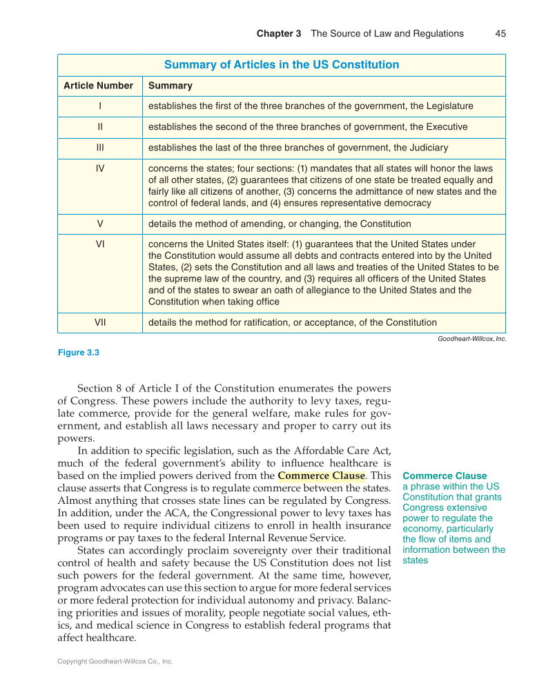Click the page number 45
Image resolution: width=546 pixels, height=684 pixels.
point(500,33)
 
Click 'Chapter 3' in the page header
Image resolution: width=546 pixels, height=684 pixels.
point(279,33)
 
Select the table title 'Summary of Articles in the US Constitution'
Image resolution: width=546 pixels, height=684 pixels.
point(281,65)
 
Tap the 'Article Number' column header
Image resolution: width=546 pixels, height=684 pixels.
point(98,86)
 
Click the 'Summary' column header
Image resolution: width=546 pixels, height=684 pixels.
point(170,86)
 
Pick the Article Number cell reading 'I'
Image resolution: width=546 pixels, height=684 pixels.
point(99,106)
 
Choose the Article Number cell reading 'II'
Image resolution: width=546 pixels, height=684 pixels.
point(99,127)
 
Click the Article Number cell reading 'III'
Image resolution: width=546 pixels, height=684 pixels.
point(99,148)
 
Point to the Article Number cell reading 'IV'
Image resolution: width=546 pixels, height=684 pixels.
point(99,168)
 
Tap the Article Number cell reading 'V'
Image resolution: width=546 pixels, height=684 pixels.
point(99,224)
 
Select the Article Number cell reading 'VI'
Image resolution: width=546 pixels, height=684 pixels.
point(99,244)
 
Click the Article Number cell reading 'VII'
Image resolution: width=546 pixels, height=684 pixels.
point(99,322)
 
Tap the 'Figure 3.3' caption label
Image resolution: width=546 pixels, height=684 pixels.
point(79,353)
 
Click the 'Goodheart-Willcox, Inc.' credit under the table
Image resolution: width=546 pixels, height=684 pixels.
point(472,339)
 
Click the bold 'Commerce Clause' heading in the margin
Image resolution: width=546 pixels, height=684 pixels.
point(445,476)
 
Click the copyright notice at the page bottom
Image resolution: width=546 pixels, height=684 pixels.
point(115,661)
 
